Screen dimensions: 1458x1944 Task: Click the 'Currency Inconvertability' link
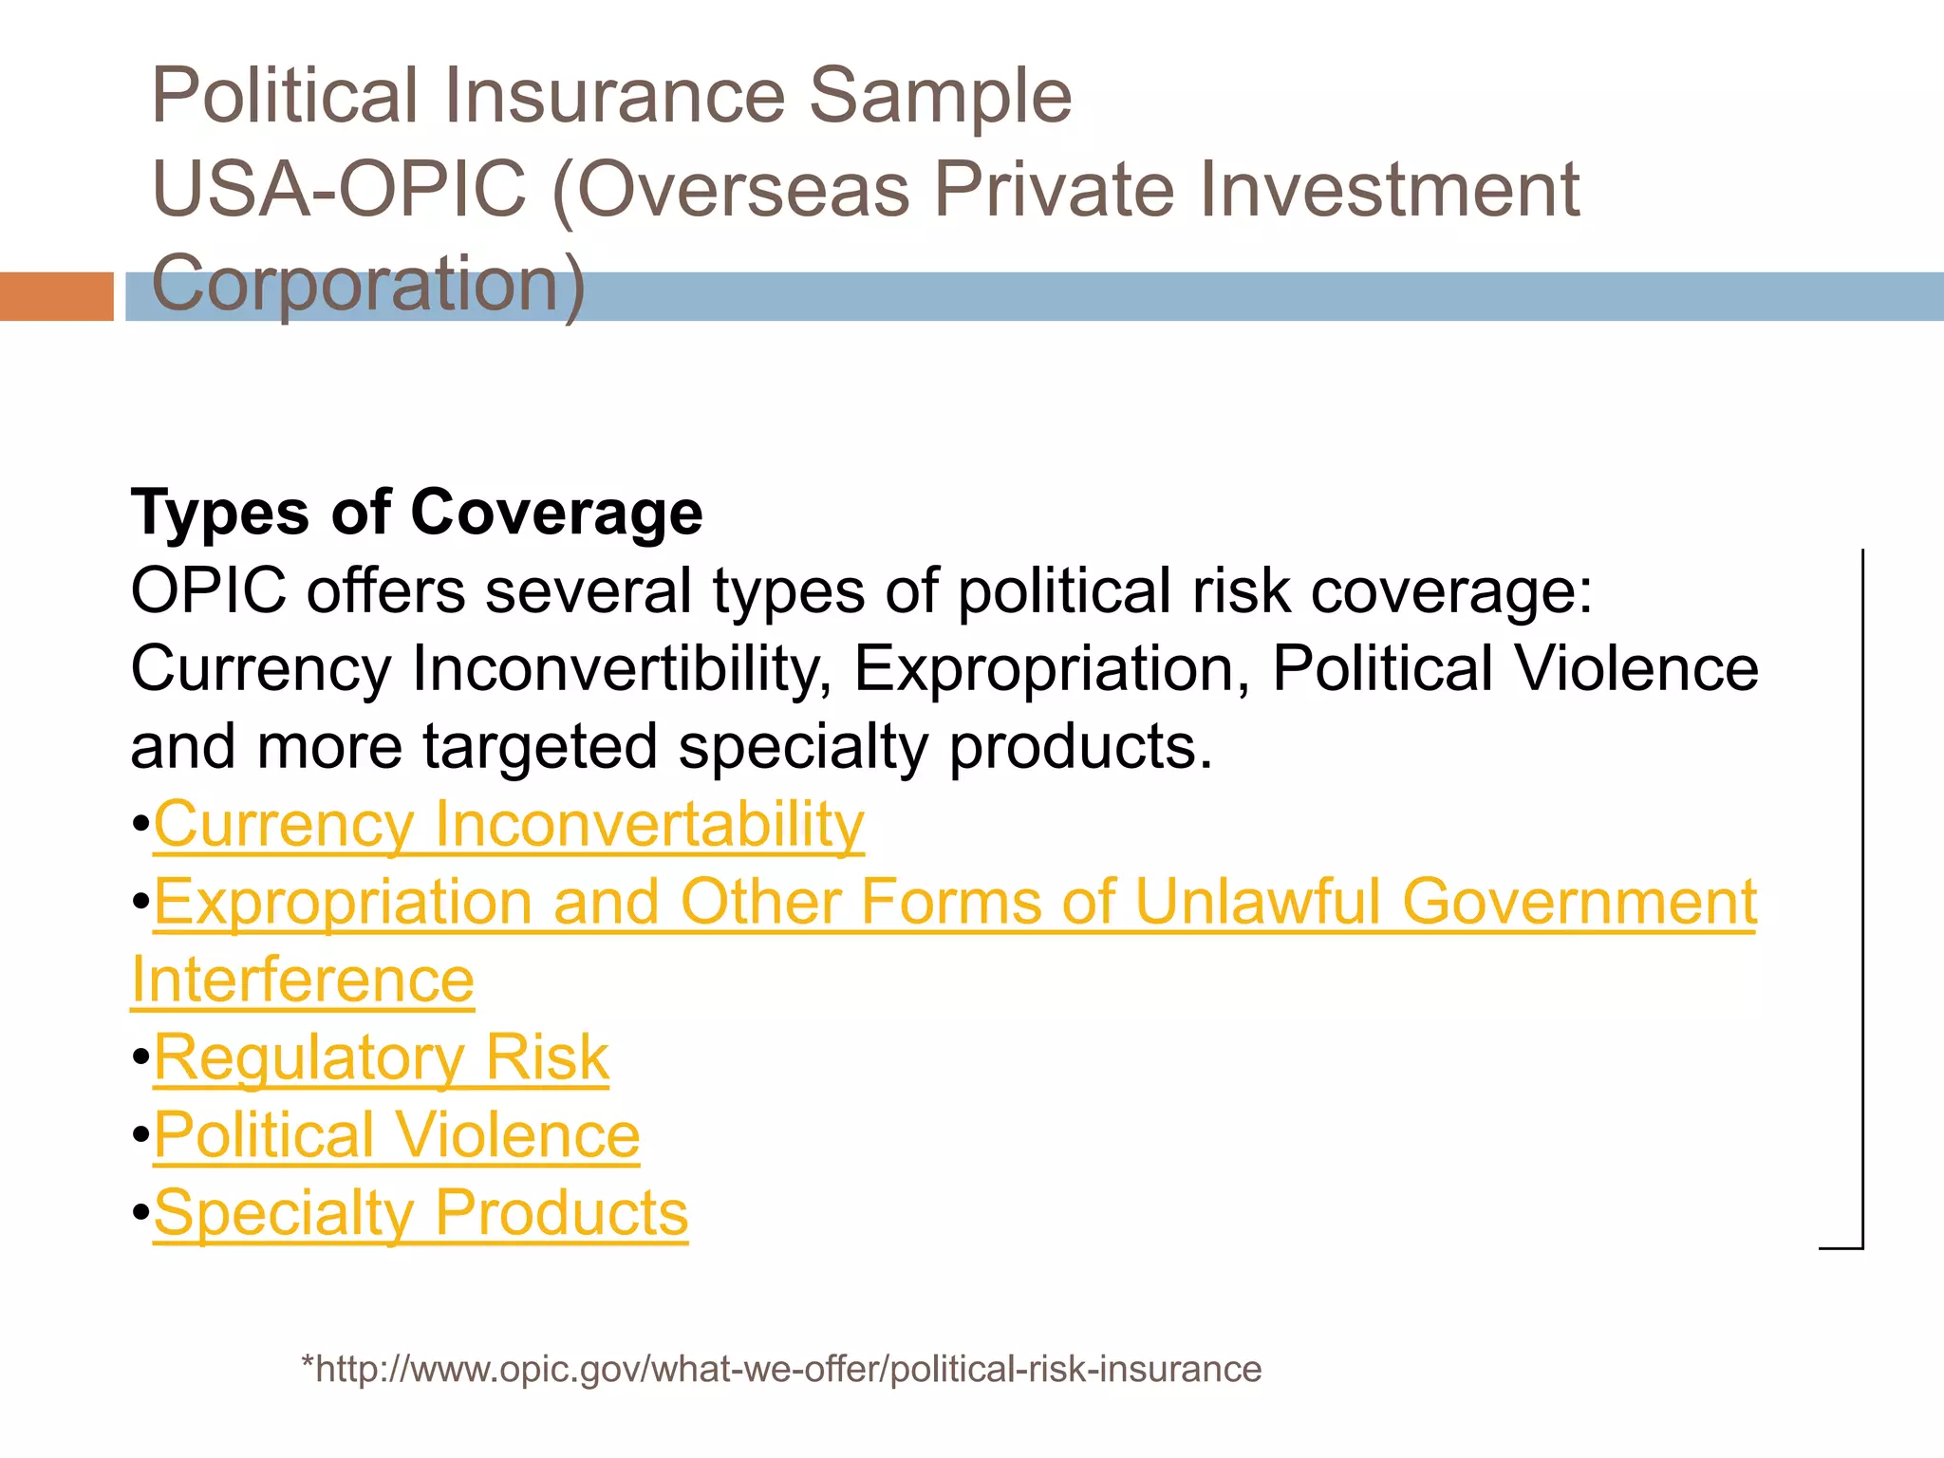509,824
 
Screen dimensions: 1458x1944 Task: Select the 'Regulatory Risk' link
381,1057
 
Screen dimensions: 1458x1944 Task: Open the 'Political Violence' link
397,1135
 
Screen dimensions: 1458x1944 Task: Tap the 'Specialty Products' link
421,1213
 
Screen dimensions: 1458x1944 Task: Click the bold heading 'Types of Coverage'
417,513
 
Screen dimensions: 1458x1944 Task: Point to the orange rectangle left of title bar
56,296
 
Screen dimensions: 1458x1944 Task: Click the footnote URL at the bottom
781,1369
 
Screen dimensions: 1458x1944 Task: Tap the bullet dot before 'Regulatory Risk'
140,1057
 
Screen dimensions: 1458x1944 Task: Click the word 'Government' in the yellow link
1579,902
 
